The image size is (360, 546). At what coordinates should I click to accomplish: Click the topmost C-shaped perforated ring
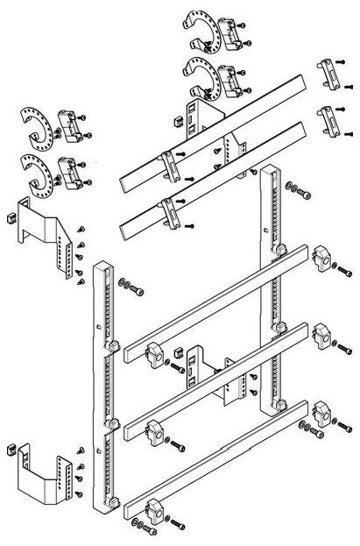tap(199, 29)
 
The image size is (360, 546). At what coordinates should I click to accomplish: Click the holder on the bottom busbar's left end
tap(154, 508)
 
